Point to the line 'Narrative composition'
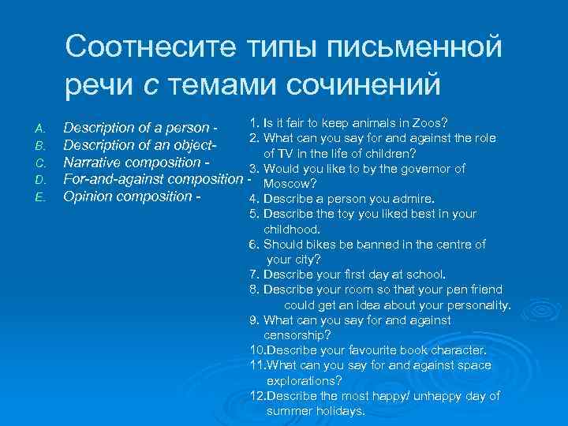click(x=135, y=162)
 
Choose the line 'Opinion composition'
click(x=131, y=196)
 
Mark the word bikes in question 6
click(x=321, y=244)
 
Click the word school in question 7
click(x=427, y=275)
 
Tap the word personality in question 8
click(x=477, y=305)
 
